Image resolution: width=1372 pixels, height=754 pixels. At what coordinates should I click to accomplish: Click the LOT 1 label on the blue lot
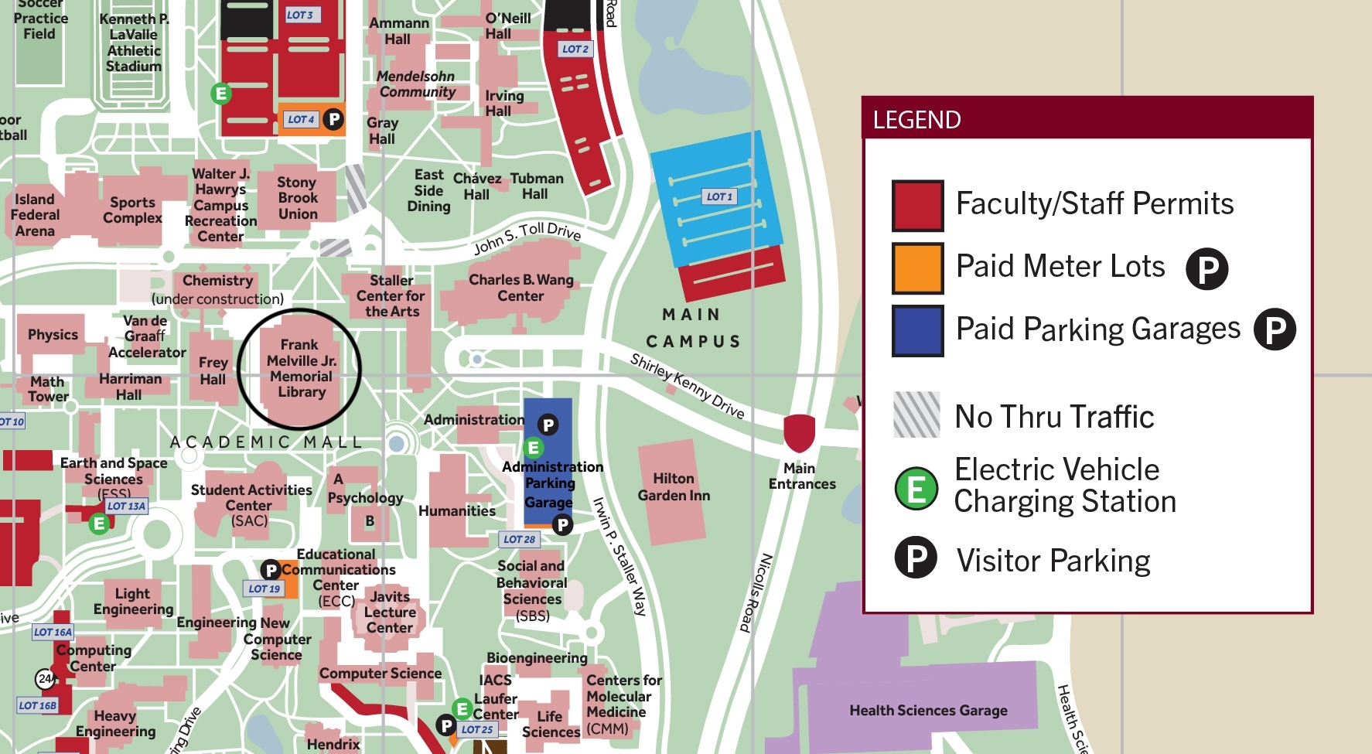(x=719, y=196)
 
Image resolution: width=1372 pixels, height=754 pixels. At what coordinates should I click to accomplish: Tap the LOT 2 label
(x=575, y=49)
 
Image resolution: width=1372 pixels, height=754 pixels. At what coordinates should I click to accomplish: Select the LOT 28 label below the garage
(x=519, y=539)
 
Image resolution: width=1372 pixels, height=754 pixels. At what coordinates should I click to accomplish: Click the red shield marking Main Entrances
(x=800, y=432)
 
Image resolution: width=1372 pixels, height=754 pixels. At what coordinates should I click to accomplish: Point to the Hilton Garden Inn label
(x=674, y=487)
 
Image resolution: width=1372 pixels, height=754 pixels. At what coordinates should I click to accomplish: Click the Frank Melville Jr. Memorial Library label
(x=301, y=369)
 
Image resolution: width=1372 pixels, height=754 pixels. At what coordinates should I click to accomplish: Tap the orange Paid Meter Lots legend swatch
(x=917, y=268)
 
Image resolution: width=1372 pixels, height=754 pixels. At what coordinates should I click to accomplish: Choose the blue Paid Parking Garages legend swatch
(x=917, y=330)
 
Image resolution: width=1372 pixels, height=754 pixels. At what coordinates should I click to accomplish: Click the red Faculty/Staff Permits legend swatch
(x=917, y=206)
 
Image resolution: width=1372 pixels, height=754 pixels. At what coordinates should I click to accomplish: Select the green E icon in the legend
(x=916, y=489)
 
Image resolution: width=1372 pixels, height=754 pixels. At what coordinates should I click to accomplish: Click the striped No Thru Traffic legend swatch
(x=916, y=415)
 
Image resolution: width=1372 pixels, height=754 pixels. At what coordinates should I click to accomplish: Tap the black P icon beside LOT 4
(x=333, y=119)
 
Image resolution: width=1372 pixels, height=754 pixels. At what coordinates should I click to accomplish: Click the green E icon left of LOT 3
(x=221, y=94)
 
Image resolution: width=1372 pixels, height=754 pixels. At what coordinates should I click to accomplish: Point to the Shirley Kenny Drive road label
(x=687, y=386)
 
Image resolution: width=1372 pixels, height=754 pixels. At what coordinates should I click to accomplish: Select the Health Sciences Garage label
(x=928, y=710)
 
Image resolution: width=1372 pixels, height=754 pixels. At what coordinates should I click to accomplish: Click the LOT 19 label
(x=264, y=589)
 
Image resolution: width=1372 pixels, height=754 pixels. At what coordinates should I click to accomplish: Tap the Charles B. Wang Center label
(x=521, y=288)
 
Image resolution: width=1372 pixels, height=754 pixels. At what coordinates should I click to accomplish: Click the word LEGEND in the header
(x=916, y=120)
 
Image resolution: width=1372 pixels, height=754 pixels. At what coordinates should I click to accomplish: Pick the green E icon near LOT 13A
(x=99, y=524)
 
